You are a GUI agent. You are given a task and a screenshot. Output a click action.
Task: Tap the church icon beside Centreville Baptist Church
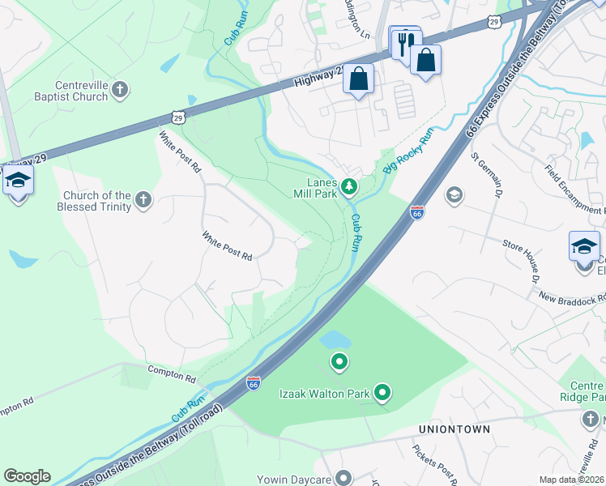pyautogui.click(x=120, y=90)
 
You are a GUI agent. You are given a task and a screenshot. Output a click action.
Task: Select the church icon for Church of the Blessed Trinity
pyautogui.click(x=143, y=199)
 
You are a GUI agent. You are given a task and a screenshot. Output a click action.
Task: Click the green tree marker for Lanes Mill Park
pyautogui.click(x=349, y=188)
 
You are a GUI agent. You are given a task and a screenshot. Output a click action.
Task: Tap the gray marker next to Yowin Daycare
pyautogui.click(x=345, y=477)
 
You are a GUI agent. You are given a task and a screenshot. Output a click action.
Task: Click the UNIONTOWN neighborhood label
pyautogui.click(x=454, y=429)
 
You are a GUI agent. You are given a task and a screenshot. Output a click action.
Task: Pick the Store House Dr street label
pyautogui.click(x=520, y=258)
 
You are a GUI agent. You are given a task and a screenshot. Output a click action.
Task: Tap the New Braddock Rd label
pyautogui.click(x=572, y=297)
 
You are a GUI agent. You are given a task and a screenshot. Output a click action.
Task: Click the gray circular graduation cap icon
pyautogui.click(x=454, y=194)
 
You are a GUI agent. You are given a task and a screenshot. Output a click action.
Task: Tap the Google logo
pyautogui.click(x=27, y=476)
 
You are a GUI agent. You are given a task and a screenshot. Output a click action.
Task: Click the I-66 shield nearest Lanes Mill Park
pyautogui.click(x=416, y=212)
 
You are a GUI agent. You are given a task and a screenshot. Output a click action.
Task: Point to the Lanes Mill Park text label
pyautogui.click(x=316, y=188)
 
